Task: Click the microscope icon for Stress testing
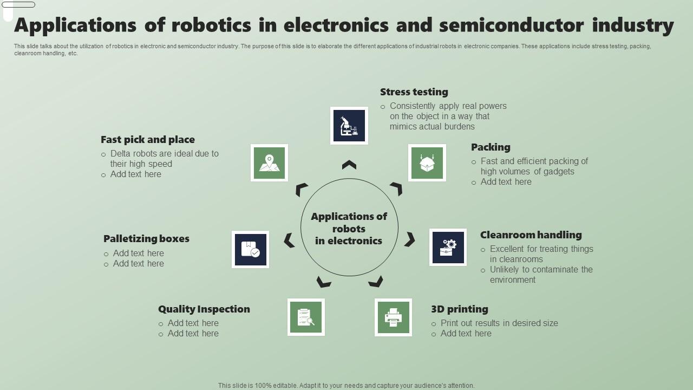click(x=349, y=126)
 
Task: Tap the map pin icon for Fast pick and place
click(x=269, y=162)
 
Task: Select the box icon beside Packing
click(x=427, y=162)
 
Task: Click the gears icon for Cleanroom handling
click(x=448, y=248)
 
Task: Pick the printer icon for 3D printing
click(x=393, y=317)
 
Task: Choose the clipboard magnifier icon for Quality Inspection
click(x=306, y=317)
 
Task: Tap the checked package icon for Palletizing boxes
click(x=250, y=250)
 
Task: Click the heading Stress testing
click(x=414, y=92)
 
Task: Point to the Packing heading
click(x=491, y=147)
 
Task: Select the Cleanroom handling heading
click(x=531, y=235)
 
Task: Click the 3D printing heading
click(x=460, y=309)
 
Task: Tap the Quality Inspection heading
click(x=204, y=309)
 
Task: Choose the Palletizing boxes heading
click(x=146, y=239)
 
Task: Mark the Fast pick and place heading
click(x=148, y=140)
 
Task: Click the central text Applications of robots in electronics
click(x=349, y=229)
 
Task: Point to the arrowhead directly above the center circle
click(x=349, y=165)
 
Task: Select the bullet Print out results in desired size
click(x=499, y=323)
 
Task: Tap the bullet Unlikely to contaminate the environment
click(x=541, y=275)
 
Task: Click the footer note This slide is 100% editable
click(x=346, y=386)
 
